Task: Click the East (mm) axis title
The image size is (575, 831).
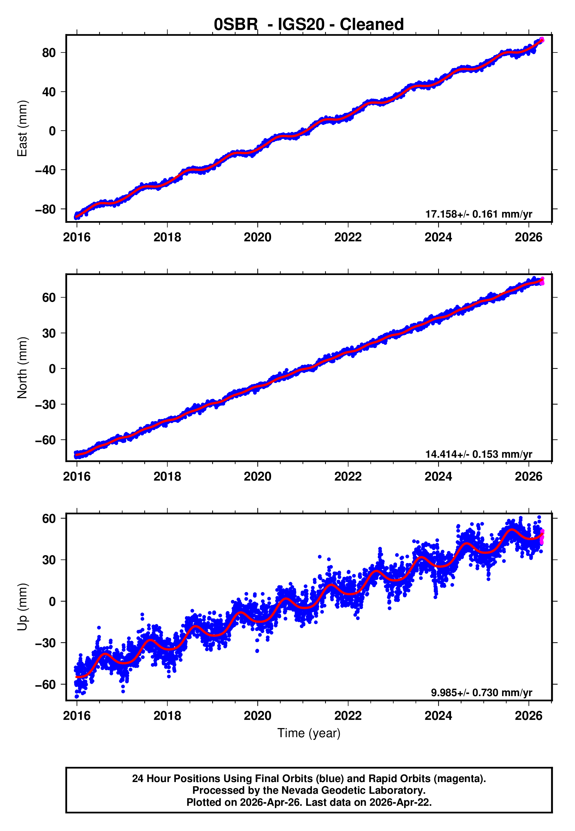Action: [x=22, y=128]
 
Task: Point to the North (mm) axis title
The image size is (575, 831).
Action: [x=22, y=368]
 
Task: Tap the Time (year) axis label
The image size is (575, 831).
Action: [x=309, y=733]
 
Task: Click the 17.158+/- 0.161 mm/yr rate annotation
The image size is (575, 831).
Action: [x=479, y=214]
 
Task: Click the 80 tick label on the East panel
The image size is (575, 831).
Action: [x=49, y=53]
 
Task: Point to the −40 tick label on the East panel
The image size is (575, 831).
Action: [x=45, y=170]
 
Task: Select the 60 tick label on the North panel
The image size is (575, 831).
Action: [x=49, y=298]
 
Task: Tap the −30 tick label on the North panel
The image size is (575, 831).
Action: [x=45, y=405]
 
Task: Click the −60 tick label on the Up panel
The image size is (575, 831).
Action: [x=45, y=684]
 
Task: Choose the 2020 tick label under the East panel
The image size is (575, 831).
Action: [x=257, y=238]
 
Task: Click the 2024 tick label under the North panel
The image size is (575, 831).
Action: [x=438, y=477]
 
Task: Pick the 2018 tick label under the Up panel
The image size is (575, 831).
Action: [x=167, y=716]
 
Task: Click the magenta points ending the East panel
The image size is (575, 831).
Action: [x=542, y=40]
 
